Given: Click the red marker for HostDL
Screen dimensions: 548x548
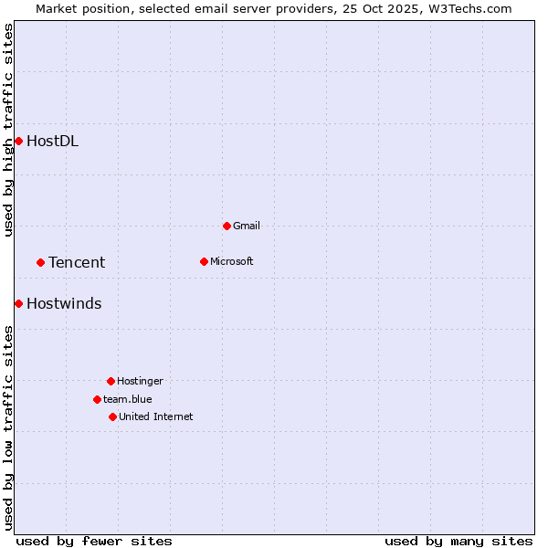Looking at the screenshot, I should pyautogui.click(x=18, y=141).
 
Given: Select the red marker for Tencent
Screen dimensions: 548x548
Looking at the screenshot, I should pyautogui.click(x=40, y=262).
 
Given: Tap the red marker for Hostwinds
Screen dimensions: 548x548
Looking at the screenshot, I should pyautogui.click(x=18, y=303).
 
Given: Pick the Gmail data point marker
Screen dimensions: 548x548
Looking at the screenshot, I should pyautogui.click(x=227, y=226).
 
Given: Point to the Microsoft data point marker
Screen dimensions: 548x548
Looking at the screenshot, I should pyautogui.click(x=204, y=261).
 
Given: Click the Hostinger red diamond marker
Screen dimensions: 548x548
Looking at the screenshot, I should pyautogui.click(x=111, y=381).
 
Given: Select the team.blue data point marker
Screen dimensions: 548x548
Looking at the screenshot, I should pyautogui.click(x=97, y=399).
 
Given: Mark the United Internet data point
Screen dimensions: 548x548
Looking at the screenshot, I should pyautogui.click(x=112, y=416).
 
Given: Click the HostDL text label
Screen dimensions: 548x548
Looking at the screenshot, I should pyautogui.click(x=52, y=141).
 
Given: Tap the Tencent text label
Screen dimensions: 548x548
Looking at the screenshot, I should pyautogui.click(x=77, y=262).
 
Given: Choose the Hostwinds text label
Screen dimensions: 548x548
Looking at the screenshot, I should pyautogui.click(x=64, y=303).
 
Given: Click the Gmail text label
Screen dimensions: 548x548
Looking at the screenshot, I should pyautogui.click(x=247, y=226).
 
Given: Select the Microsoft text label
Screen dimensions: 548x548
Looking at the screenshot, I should pyautogui.click(x=231, y=261).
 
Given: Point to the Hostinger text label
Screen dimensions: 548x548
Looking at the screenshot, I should pyautogui.click(x=140, y=381).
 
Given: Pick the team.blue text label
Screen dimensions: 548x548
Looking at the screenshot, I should pyautogui.click(x=128, y=399).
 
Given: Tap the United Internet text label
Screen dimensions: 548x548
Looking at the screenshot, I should pyautogui.click(x=155, y=416).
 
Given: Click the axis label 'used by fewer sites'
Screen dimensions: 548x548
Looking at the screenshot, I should pyautogui.click(x=94, y=541).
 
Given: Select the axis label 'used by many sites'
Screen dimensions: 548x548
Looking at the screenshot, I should pyautogui.click(x=458, y=541).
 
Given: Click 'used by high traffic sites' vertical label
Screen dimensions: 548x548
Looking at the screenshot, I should pyautogui.click(x=8, y=130).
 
